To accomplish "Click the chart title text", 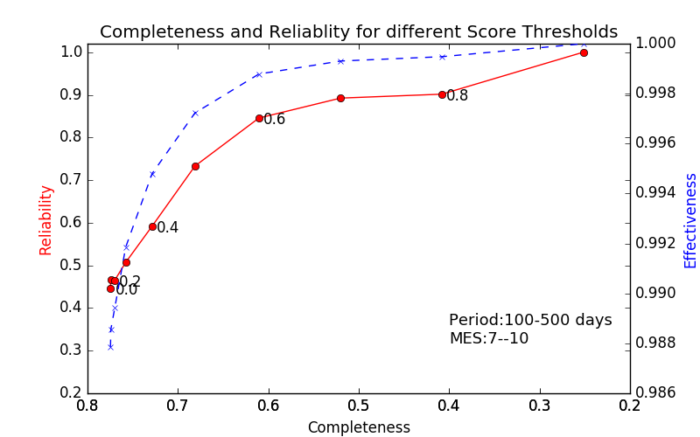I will pyautogui.click(x=359, y=32).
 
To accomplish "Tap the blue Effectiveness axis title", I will pyautogui.click(x=690, y=220).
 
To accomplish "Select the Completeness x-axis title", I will pyautogui.click(x=359, y=427).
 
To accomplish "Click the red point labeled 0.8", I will pyautogui.click(x=442, y=94).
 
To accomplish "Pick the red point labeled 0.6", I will pyautogui.click(x=259, y=118).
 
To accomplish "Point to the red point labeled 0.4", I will pyautogui.click(x=152, y=226).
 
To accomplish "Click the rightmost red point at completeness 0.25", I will pyautogui.click(x=584, y=52).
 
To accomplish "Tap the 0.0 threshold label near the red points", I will pyautogui.click(x=127, y=290).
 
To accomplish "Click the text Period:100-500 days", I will pyautogui.click(x=530, y=320).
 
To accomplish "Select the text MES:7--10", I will pyautogui.click(x=488, y=338).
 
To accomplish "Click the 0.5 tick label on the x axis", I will pyautogui.click(x=359, y=406).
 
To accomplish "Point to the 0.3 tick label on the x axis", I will pyautogui.click(x=539, y=406).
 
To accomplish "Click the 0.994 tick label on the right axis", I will pyautogui.click(x=654, y=192).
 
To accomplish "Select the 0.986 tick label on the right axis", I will pyautogui.click(x=654, y=392).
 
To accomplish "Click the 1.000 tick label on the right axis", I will pyautogui.click(x=654, y=43).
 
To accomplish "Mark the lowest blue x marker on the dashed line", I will pyautogui.click(x=110, y=347).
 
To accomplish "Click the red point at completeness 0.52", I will pyautogui.click(x=340, y=98).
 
